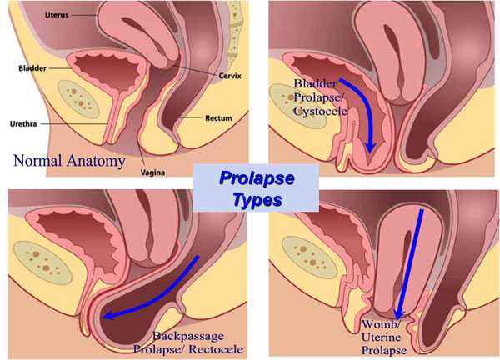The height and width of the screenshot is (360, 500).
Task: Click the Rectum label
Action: [220, 118]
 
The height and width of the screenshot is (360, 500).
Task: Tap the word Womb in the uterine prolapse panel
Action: [377, 323]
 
